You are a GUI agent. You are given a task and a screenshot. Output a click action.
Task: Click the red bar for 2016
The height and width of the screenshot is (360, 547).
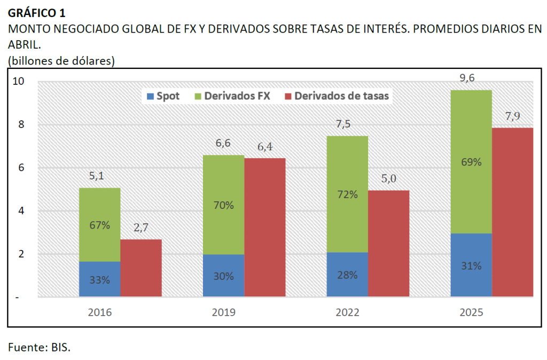[x=140, y=268]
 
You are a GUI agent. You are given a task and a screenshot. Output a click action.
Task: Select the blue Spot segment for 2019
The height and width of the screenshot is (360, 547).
[x=223, y=276]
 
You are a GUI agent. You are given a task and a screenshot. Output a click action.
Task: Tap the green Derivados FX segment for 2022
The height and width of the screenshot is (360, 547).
[x=347, y=194]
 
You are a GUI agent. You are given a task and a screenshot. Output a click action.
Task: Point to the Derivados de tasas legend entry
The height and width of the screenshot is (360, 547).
[x=336, y=96]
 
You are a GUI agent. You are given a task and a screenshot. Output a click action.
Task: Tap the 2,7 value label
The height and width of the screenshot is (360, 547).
[x=141, y=228]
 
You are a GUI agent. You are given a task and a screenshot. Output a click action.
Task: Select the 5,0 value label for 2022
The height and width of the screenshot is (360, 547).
[x=389, y=179]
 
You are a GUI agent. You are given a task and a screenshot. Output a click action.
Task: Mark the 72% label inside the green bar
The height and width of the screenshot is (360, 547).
[x=347, y=194]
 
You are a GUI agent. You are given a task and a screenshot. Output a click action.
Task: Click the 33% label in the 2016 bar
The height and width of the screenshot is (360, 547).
[x=100, y=279]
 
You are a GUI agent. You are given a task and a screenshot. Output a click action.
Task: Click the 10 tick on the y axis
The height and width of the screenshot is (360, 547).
[x=19, y=82]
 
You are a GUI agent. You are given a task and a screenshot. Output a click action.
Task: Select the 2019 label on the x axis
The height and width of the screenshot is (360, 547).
[x=223, y=312]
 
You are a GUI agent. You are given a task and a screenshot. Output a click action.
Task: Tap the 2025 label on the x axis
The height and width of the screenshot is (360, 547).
[x=471, y=312]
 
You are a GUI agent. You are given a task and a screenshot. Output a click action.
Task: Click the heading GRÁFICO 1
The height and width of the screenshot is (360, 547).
[x=37, y=11]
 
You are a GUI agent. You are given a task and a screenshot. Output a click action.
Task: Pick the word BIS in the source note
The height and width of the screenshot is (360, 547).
[x=60, y=347]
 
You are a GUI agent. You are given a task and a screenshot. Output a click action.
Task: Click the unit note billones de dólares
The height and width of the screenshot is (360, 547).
[x=61, y=61]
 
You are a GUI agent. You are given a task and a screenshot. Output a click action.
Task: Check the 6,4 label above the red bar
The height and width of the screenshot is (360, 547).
[x=265, y=147]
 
